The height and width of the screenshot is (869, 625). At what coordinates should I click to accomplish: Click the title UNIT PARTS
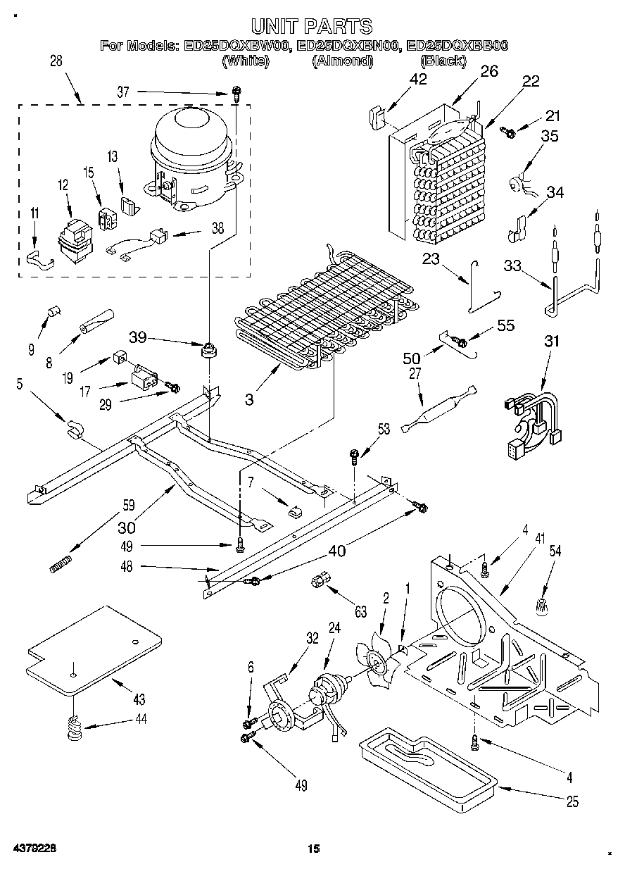point(311,27)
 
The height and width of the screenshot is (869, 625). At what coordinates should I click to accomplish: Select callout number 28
point(56,61)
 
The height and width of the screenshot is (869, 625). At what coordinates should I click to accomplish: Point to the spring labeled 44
point(74,727)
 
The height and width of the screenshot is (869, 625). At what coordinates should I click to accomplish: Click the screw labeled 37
point(238,92)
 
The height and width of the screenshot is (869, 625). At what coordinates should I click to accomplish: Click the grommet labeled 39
point(208,349)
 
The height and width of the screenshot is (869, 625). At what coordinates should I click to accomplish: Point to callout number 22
point(530,81)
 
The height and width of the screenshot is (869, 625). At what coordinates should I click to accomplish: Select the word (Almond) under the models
point(341,61)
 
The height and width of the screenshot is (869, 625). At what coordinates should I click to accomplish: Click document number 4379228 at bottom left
point(33,849)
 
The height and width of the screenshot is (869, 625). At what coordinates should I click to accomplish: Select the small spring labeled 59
point(62,564)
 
